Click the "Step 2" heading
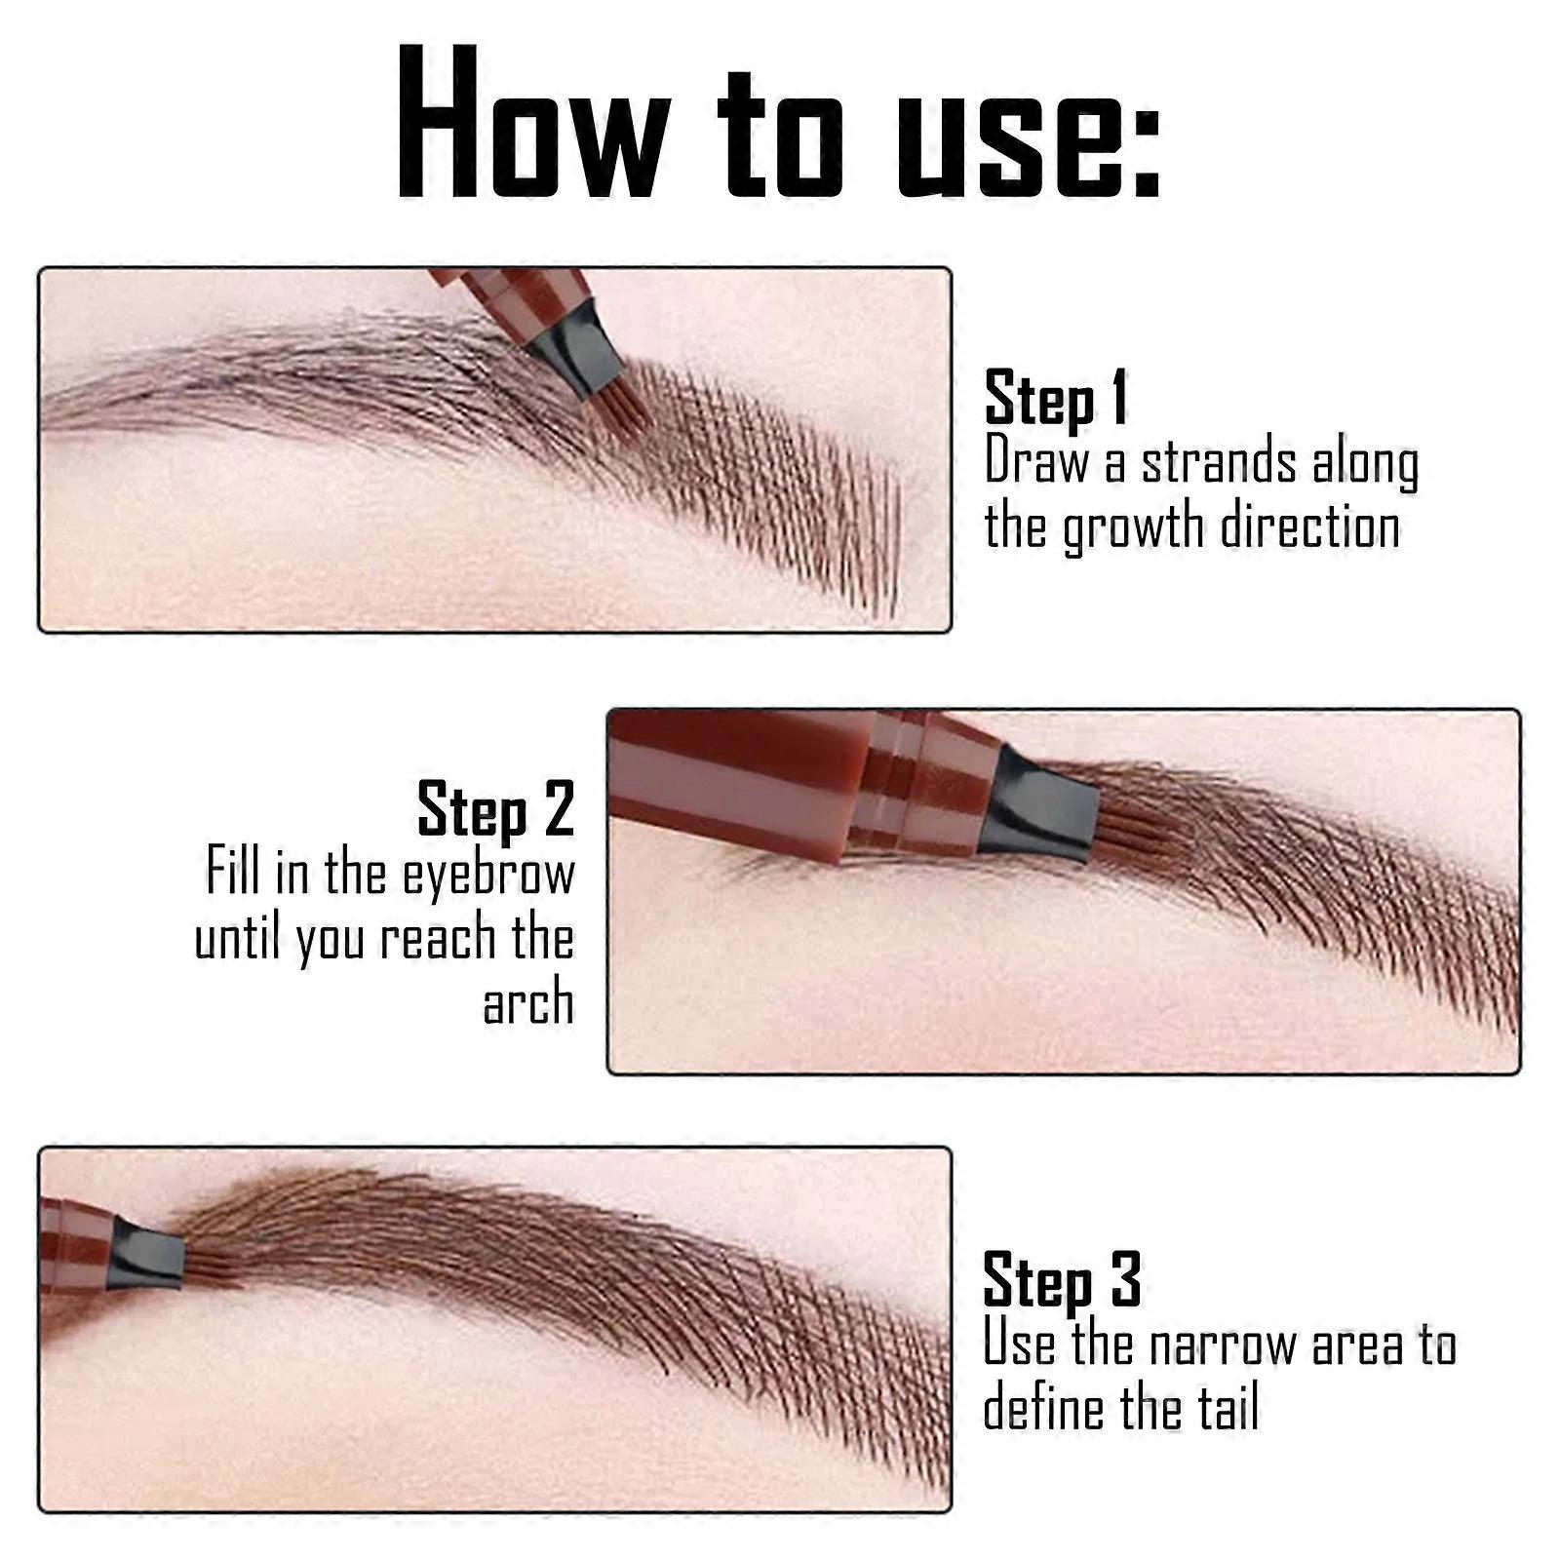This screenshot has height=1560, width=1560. [x=495, y=809]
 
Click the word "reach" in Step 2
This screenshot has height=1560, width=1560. [x=438, y=938]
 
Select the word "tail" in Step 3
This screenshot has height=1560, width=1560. [x=1228, y=1409]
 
